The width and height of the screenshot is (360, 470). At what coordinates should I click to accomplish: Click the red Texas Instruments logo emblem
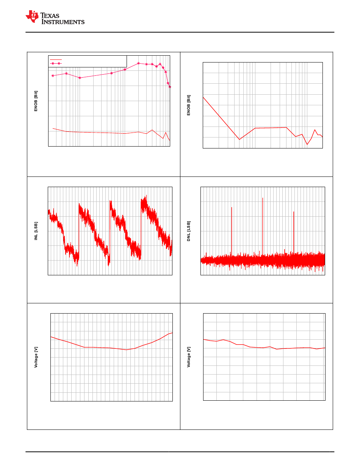32,17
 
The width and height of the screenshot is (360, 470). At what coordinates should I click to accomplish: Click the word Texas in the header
53,16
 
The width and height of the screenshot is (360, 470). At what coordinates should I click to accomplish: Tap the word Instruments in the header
63,22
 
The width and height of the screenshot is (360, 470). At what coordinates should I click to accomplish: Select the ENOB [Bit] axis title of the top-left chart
36,100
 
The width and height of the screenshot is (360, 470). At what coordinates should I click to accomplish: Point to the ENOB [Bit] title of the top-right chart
189,105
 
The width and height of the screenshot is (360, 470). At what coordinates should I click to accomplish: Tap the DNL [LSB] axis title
189,231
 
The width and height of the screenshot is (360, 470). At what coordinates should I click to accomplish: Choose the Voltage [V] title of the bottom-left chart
36,358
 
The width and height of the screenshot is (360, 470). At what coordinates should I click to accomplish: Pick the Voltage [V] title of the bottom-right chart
189,358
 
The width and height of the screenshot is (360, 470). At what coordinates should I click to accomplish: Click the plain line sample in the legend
56,59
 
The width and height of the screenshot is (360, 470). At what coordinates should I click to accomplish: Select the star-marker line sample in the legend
56,64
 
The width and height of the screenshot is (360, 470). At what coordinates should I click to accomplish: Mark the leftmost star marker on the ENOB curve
53,76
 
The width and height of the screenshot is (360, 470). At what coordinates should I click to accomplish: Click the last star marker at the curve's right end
170,87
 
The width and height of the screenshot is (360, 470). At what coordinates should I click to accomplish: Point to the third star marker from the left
80,78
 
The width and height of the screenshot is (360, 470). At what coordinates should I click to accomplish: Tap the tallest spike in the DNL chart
263,198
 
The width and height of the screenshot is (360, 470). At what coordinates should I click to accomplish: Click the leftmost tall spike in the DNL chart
232,208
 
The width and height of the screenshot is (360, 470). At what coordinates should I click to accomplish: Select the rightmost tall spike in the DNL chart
294,212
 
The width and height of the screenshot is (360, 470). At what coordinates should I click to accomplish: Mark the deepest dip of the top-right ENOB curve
307,144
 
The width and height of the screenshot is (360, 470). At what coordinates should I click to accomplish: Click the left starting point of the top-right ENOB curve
203,98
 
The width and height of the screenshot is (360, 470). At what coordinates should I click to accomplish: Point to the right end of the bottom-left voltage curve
172,333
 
